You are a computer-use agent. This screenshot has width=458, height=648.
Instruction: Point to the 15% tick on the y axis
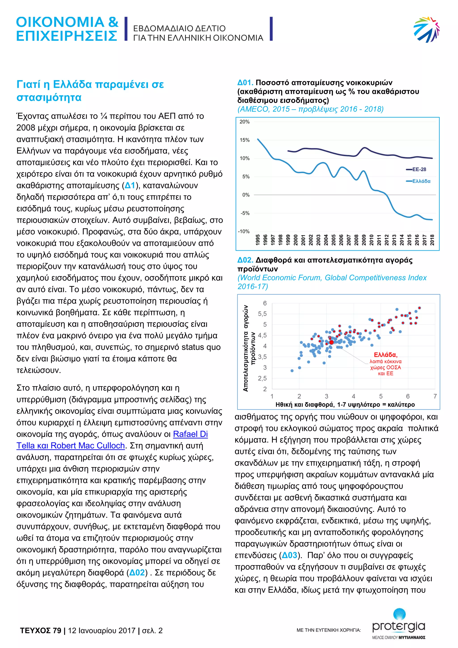click(245, 140)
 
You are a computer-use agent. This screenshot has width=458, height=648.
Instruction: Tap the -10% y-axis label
click(244, 231)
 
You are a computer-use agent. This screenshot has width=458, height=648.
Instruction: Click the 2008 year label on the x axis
click(356, 240)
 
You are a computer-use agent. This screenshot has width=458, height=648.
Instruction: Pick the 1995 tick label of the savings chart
click(257, 240)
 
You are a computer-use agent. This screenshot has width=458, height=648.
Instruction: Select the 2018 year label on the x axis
click(432, 240)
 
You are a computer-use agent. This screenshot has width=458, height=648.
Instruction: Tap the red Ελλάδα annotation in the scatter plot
click(386, 355)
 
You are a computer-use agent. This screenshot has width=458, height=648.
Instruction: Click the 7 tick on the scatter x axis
click(435, 396)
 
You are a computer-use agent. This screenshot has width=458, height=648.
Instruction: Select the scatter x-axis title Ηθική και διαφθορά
click(345, 405)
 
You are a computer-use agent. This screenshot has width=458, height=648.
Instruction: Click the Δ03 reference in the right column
click(290, 555)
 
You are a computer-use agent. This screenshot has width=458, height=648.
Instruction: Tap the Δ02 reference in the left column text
click(137, 573)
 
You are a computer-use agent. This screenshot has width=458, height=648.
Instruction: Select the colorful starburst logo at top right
click(426, 29)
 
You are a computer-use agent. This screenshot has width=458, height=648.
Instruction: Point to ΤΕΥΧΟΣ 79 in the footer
click(40, 631)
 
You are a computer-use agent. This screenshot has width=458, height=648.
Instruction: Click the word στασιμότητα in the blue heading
click(49, 97)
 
